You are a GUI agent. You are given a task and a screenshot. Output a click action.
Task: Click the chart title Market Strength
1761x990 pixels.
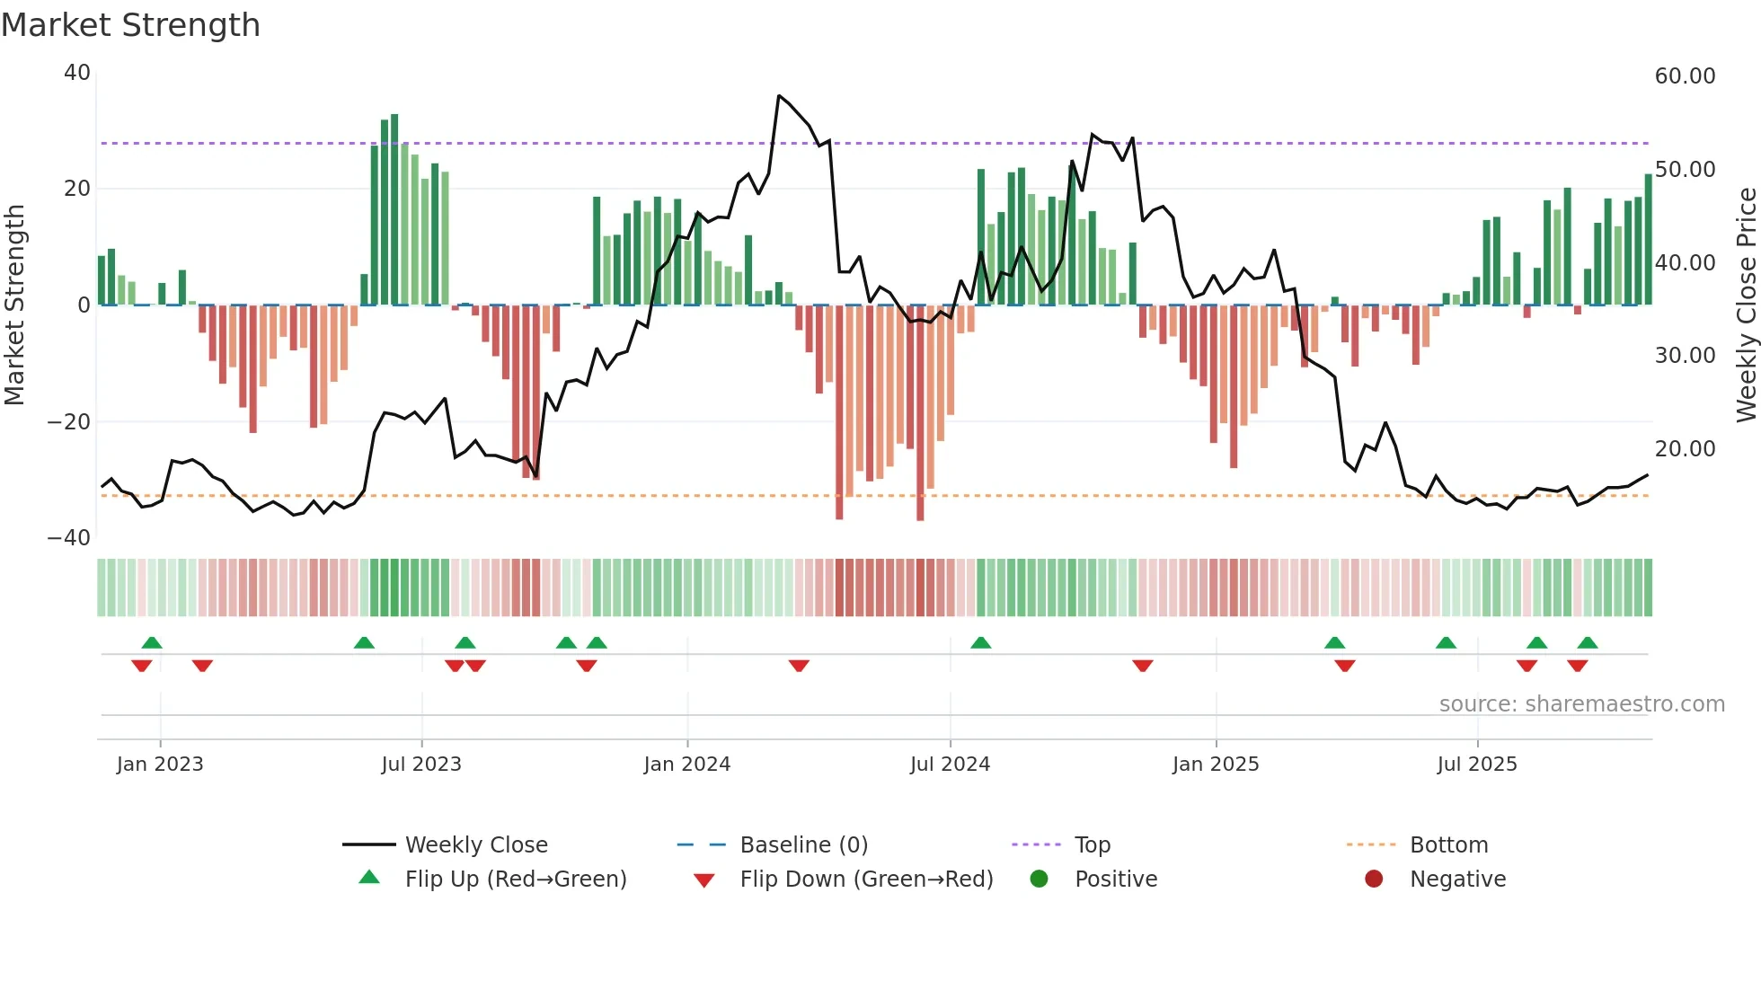(130, 25)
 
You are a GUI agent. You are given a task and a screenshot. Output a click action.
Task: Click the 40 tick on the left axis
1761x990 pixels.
(77, 73)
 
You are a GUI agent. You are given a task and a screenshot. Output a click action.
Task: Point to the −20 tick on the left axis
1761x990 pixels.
(69, 422)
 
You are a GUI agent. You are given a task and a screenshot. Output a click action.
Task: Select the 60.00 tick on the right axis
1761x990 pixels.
(1685, 76)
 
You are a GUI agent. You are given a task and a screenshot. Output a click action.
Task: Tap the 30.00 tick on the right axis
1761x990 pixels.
(1685, 356)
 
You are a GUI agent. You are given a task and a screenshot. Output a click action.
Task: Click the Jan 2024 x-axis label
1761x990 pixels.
(686, 765)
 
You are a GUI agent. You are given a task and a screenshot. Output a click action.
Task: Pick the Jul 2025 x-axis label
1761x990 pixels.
(1476, 765)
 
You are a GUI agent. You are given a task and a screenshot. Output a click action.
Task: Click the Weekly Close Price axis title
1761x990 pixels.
(1746, 305)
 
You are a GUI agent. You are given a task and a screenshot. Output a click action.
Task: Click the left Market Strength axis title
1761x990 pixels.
(15, 305)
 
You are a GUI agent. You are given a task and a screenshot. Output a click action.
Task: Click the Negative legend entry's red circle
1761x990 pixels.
(1374, 880)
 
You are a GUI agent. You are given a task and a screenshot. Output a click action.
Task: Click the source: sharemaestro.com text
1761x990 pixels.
(1581, 704)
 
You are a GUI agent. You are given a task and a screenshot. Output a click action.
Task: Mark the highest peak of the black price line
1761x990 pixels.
(779, 95)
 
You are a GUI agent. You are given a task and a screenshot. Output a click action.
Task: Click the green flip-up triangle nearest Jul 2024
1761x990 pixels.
(980, 643)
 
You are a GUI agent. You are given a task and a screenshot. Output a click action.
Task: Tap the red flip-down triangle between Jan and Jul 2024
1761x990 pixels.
(799, 666)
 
